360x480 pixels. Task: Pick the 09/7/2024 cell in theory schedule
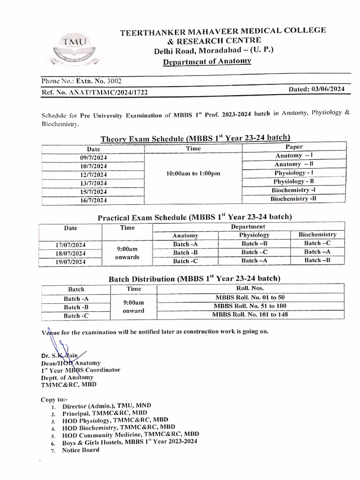click(x=93, y=157)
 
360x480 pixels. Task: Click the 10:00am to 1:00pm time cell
click(x=193, y=173)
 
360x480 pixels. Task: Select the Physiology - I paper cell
click(x=294, y=173)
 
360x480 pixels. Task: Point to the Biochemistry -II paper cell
click(x=294, y=199)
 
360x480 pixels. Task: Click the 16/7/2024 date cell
click(x=93, y=200)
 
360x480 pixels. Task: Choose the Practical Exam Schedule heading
click(x=195, y=217)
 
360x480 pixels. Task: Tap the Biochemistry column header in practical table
click(x=317, y=234)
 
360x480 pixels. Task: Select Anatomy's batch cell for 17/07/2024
click(x=185, y=244)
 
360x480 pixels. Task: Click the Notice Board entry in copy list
click(x=81, y=450)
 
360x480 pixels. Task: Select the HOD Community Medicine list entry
click(x=130, y=434)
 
